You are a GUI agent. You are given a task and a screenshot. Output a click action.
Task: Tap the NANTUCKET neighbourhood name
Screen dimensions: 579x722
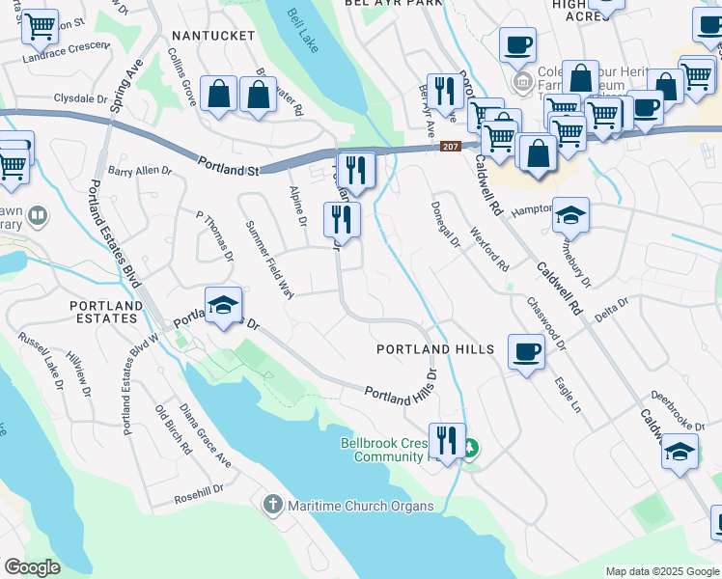click(211, 36)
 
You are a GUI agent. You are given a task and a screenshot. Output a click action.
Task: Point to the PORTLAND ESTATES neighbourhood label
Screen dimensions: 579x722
click(107, 312)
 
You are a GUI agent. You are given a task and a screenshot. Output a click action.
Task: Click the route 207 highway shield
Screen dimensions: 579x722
click(450, 147)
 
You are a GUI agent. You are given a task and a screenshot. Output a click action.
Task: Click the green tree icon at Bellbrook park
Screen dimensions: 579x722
click(470, 448)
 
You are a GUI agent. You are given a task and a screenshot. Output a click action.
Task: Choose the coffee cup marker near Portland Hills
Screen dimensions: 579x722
click(525, 351)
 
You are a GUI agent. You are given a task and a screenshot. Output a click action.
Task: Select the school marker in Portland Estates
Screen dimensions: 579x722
click(223, 305)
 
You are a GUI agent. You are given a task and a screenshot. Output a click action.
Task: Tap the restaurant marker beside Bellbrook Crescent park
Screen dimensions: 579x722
click(446, 439)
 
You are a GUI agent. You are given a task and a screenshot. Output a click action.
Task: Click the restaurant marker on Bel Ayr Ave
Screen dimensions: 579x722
click(444, 91)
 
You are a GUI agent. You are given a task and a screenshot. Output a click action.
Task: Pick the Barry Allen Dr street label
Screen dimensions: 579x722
click(139, 171)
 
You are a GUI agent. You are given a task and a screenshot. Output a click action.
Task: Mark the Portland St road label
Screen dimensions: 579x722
click(228, 166)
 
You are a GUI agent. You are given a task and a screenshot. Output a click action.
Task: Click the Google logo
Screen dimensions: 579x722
click(32, 567)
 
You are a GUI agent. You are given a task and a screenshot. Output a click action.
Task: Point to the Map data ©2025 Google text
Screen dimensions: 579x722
click(661, 571)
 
